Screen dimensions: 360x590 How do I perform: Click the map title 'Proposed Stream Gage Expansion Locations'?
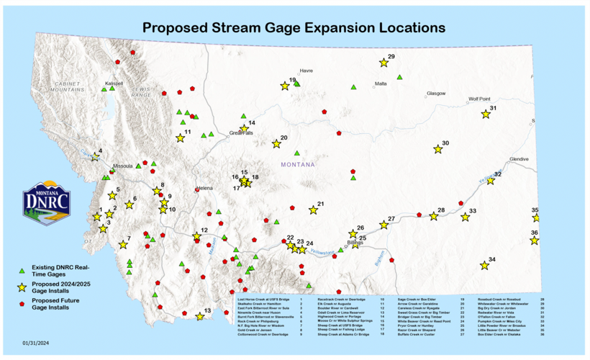[x=294, y=28]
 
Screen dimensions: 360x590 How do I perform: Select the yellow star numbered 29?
[x=383, y=63]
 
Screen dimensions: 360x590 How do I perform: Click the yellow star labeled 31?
[x=486, y=114]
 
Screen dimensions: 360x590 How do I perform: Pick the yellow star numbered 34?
[x=484, y=266]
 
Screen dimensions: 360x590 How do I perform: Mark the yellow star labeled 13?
[x=199, y=316]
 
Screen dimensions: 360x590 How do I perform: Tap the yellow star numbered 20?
[x=276, y=144]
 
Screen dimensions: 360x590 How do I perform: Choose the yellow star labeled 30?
[x=438, y=150]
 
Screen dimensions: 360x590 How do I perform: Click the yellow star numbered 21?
[x=313, y=210]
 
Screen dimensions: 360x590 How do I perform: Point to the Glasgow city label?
[x=436, y=94]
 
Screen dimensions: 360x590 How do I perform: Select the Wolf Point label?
[x=479, y=99]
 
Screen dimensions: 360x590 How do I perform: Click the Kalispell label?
[x=114, y=84]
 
